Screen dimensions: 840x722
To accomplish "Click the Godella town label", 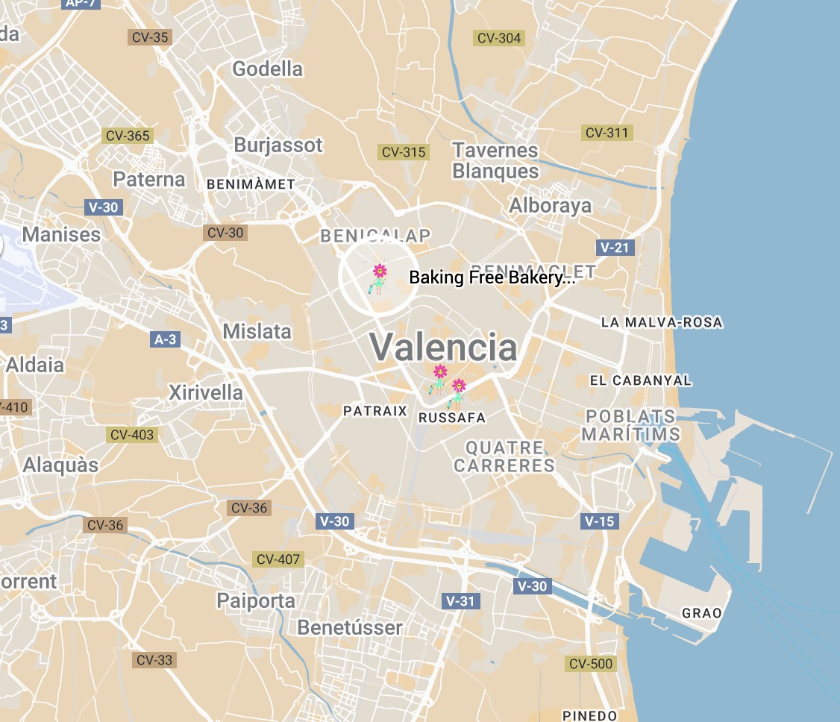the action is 267,69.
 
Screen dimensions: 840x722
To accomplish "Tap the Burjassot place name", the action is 278,145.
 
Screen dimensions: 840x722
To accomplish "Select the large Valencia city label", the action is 443,347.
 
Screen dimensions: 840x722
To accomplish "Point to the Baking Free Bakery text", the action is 492,278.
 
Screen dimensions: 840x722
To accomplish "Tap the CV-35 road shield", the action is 150,37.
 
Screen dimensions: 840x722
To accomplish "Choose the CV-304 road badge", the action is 499,38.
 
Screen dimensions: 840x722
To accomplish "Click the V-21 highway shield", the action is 615,248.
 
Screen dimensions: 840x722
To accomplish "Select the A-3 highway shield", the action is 165,340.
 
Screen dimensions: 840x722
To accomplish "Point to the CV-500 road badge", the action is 591,664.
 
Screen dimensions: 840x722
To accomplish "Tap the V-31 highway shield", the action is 461,600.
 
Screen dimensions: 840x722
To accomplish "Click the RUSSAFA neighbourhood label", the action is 452,418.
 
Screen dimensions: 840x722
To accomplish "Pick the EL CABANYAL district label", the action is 641,380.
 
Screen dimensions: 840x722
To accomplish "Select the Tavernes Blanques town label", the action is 495,160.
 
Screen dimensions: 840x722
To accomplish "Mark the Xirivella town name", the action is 206,392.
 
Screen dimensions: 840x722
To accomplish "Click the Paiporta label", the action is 256,600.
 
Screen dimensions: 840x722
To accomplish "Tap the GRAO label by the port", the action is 702,613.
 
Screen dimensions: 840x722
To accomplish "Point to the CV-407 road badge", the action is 278,559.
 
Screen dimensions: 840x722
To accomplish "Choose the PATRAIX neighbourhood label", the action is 375,411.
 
